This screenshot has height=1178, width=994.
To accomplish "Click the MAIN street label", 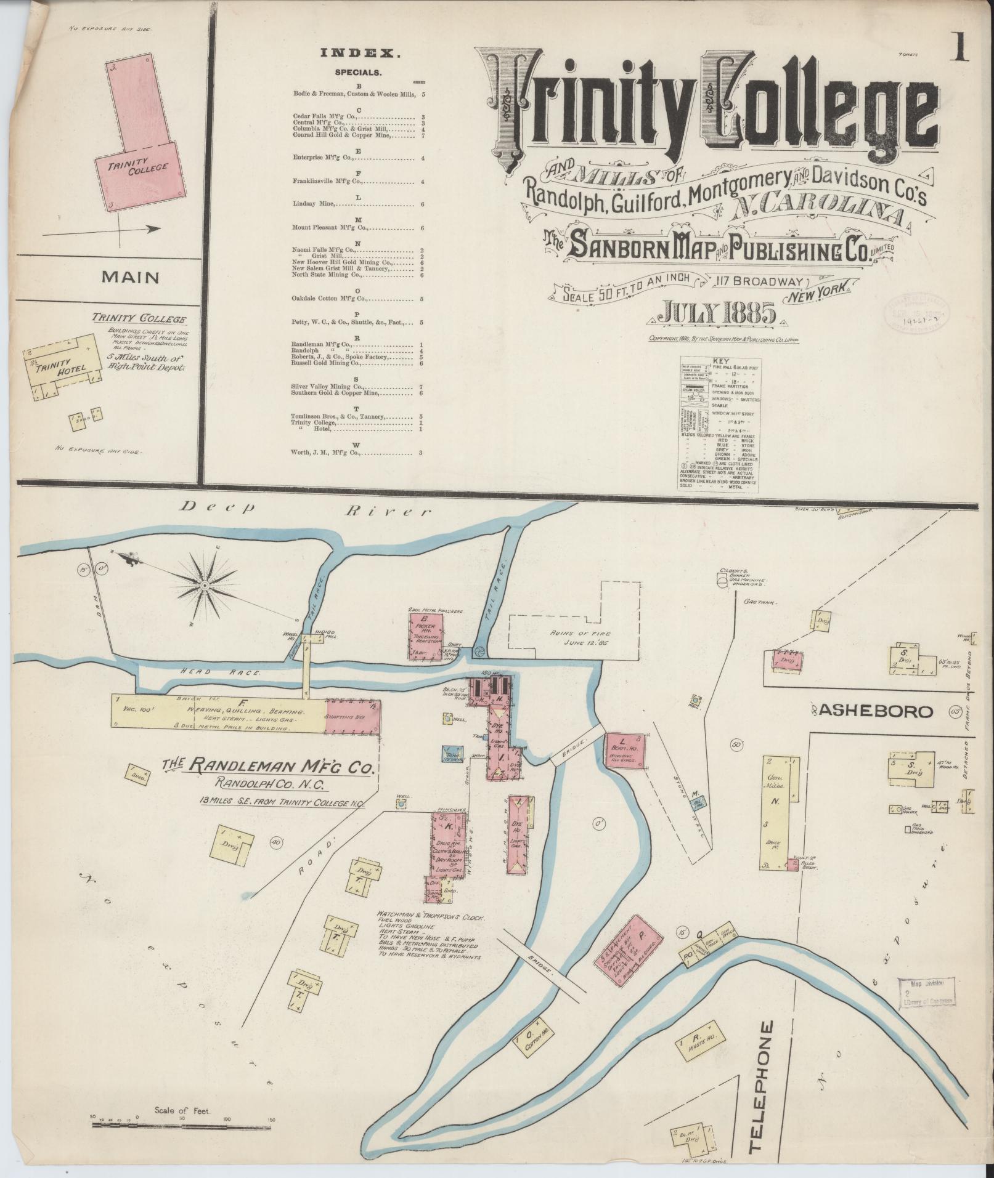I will pyautogui.click(x=130, y=277).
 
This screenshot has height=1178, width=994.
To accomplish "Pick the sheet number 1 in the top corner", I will pyautogui.click(x=960, y=47).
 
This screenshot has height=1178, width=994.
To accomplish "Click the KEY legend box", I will pyautogui.click(x=718, y=425).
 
